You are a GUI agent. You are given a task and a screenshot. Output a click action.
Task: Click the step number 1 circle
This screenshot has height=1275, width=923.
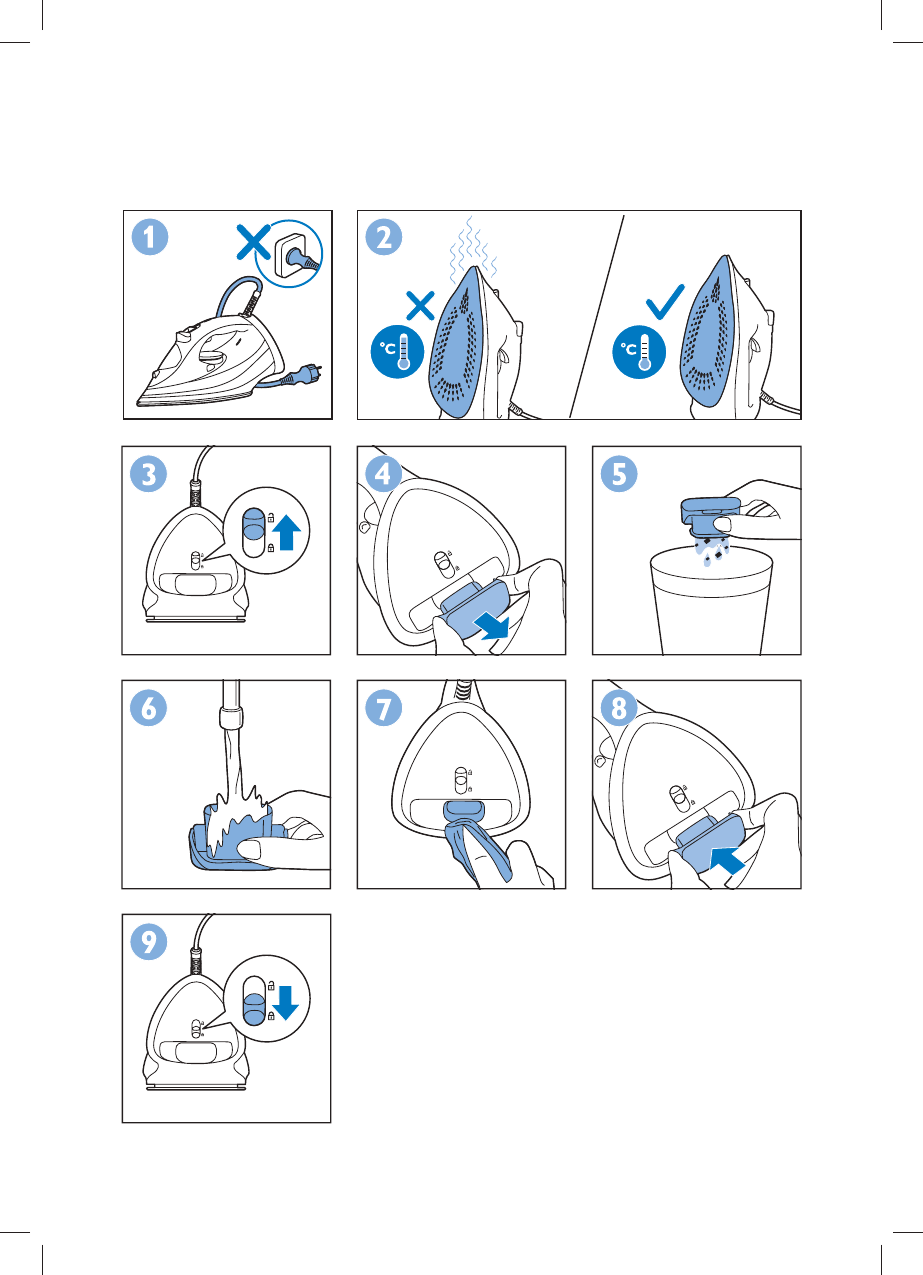click(x=150, y=237)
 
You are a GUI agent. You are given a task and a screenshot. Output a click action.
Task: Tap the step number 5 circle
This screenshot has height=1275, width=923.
click(x=619, y=474)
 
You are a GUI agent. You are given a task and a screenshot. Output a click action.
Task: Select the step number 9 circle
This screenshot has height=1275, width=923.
click(x=149, y=941)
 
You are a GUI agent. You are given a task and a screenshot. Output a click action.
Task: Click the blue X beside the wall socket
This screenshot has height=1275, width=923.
click(x=254, y=242)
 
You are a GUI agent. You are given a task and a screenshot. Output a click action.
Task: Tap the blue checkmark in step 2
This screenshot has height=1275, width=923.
click(x=665, y=302)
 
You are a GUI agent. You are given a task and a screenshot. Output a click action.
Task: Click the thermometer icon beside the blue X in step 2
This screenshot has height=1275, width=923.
click(x=397, y=352)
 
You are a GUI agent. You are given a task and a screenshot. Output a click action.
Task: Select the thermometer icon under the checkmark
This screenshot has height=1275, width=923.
click(x=639, y=352)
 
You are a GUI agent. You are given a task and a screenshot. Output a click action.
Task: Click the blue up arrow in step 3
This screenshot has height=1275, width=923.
click(x=287, y=532)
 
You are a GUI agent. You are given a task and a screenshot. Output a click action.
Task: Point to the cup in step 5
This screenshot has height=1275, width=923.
click(x=711, y=601)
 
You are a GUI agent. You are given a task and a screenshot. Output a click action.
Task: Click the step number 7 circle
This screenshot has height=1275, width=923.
click(x=384, y=708)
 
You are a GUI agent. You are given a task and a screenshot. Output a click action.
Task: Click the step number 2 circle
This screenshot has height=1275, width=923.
click(x=384, y=237)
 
